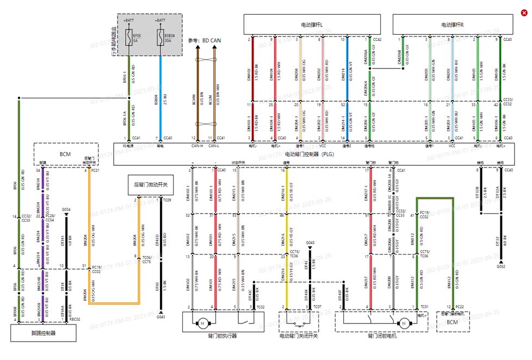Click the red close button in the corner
tap(524, 13)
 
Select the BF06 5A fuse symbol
tap(129, 38)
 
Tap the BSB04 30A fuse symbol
tap(160, 38)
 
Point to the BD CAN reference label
tap(204, 40)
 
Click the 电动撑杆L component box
tap(312, 25)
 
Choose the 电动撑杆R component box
tap(453, 25)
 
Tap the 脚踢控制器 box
tap(44, 333)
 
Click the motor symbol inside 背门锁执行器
tap(202, 324)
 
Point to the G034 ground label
tap(66, 209)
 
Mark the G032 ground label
tap(500, 266)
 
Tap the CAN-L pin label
tap(215, 146)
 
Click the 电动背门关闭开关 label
tap(299, 336)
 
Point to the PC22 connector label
tap(459, 307)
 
